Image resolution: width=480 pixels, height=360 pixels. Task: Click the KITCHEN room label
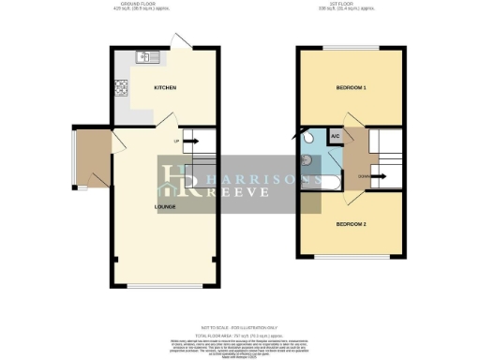pyautogui.click(x=165, y=88)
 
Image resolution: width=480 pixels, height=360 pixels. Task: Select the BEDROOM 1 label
pyautogui.click(x=352, y=88)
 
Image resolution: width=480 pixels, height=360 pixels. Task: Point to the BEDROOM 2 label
pyautogui.click(x=352, y=224)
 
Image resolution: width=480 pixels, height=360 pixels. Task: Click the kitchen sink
pyautogui.click(x=148, y=57)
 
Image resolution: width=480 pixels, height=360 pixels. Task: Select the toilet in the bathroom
pyautogui.click(x=309, y=138)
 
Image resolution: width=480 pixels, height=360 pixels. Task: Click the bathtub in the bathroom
pyautogui.click(x=316, y=178)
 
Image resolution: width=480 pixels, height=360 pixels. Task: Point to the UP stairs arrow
pyautogui.click(x=187, y=142)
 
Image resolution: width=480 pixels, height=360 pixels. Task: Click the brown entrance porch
pyautogui.click(x=92, y=160)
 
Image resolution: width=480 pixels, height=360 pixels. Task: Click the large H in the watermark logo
pyautogui.click(x=174, y=179)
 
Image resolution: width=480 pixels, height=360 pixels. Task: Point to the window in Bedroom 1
pyautogui.click(x=352, y=48)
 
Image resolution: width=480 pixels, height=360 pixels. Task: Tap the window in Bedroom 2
pyautogui.click(x=352, y=257)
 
